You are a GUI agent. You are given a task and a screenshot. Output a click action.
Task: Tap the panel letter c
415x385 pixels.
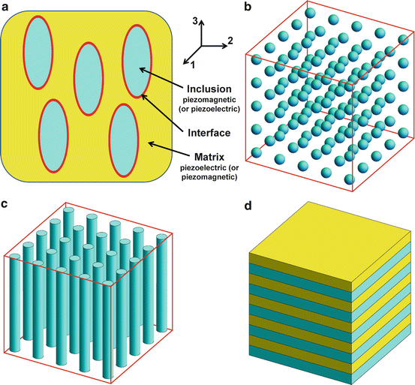pos(6,203)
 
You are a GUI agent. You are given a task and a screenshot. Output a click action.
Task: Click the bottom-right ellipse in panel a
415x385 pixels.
pos(126,135)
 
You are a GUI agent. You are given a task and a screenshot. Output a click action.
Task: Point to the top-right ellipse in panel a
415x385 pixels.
pos(138,61)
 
